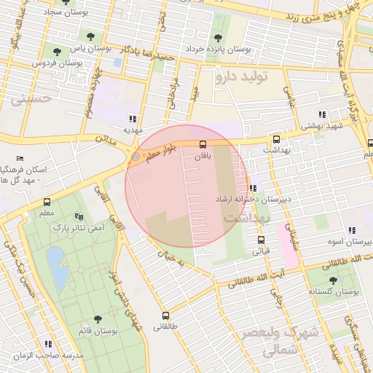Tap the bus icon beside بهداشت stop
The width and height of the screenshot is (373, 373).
click(276, 140)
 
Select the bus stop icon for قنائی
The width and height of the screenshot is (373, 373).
click(261, 240)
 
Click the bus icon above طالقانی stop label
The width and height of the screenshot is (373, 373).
click(166, 316)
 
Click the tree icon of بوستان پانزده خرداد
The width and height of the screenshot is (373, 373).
click(218, 38)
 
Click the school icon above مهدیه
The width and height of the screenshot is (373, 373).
click(132, 119)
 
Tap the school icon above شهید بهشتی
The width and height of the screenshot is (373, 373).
click(321, 114)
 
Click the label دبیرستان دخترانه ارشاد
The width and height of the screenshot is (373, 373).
click(243, 199)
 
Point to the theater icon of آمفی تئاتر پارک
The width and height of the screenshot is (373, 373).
click(79, 216)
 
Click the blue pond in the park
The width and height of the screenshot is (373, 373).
click(54, 259)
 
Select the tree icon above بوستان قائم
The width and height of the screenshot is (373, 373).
click(98, 319)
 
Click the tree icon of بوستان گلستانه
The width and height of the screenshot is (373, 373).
click(333, 280)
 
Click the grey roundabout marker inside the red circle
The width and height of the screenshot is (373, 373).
click(135, 157)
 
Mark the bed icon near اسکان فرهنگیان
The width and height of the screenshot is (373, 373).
click(20, 158)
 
